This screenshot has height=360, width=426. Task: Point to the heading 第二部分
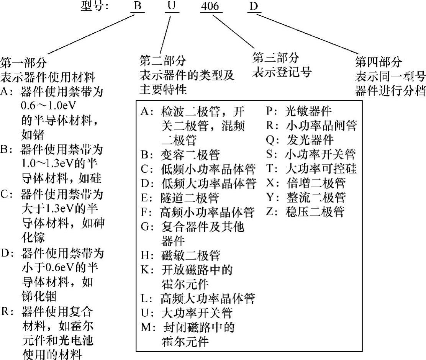(x=163, y=60)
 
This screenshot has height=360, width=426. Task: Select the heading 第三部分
(x=275, y=58)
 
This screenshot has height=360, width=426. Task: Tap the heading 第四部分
(x=379, y=62)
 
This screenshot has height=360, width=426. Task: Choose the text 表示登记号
(x=281, y=72)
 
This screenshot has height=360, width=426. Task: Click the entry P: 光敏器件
(x=299, y=111)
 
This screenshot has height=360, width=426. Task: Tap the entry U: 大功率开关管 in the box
(x=186, y=313)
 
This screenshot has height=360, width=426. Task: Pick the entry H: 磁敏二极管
(x=180, y=255)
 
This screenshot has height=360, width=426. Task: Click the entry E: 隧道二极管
(x=180, y=198)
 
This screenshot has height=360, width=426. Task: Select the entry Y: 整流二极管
(x=306, y=197)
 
